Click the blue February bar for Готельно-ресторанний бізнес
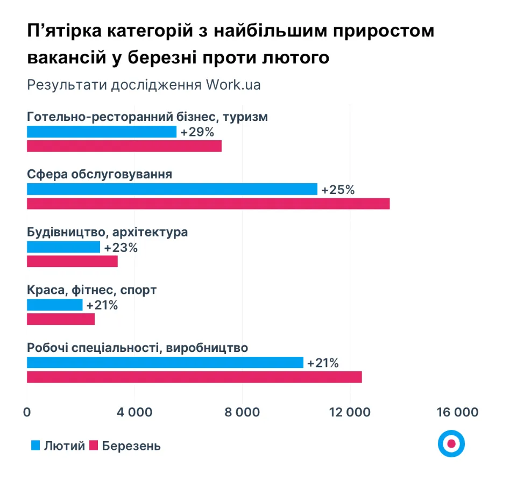tap(102, 132)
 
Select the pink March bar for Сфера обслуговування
tap(208, 204)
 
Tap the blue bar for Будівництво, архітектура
tap(63, 247)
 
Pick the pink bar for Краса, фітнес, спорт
tap(61, 319)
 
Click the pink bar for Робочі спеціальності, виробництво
tap(194, 377)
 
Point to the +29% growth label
tap(197, 132)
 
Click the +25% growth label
tap(338, 190)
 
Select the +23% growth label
tap(121, 248)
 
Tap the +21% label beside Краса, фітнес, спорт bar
tap(102, 305)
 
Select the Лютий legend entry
tap(58, 445)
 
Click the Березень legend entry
tap(125, 445)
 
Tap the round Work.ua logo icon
tap(451, 444)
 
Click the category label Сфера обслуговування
tap(100, 175)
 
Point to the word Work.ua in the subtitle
tap(233, 85)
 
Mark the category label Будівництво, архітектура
tap(107, 233)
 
